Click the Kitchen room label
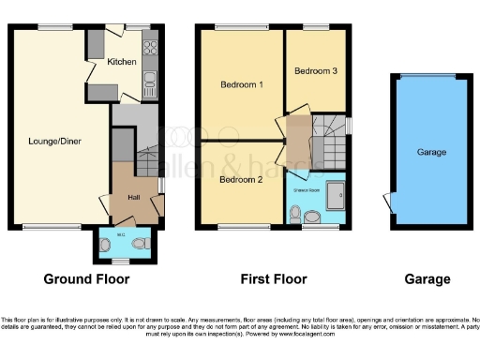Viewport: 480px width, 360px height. (122, 62)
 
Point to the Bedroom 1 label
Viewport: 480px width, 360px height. (241, 85)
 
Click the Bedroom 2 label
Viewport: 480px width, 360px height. (241, 179)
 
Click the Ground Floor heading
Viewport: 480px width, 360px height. (86, 278)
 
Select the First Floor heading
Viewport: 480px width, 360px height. (272, 278)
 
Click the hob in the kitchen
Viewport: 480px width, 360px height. (149, 49)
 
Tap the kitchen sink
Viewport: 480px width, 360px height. (149, 86)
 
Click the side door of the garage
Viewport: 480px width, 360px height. (390, 201)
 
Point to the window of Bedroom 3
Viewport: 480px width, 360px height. (314, 26)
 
